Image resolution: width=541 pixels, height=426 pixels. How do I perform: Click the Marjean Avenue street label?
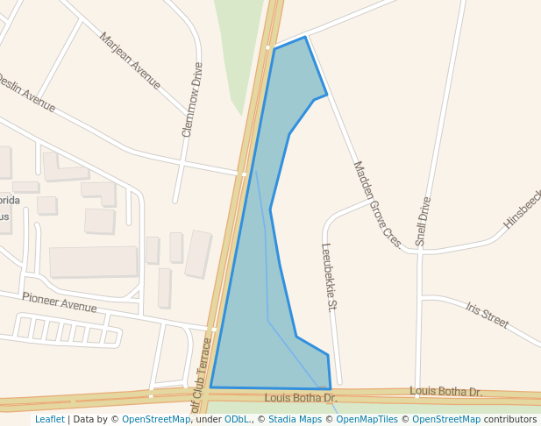click(x=130, y=60)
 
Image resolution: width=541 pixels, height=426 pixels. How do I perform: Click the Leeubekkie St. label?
click(x=330, y=277)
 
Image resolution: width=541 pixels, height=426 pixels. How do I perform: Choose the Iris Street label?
click(x=488, y=316)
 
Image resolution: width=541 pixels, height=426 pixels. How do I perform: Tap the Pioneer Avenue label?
click(x=60, y=302)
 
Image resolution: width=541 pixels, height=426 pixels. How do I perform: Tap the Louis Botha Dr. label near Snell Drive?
click(x=445, y=391)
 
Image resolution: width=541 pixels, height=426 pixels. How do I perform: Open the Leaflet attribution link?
click(x=49, y=420)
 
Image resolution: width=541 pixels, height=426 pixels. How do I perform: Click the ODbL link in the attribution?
click(x=237, y=420)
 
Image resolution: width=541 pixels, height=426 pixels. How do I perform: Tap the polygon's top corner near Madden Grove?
click(x=304, y=37)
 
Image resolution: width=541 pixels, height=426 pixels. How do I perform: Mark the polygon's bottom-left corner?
click(x=210, y=387)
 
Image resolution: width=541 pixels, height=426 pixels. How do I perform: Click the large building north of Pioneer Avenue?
click(x=93, y=261)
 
